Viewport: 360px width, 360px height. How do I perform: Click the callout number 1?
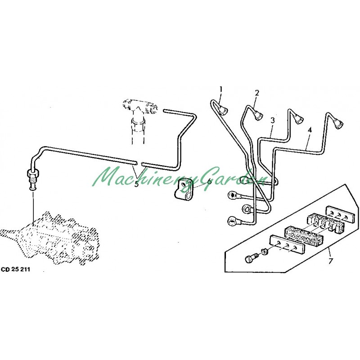[x=221, y=89]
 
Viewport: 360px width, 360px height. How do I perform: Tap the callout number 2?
[x=257, y=93]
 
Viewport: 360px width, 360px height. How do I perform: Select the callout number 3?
[x=273, y=120]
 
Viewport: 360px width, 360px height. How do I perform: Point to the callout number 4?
[x=310, y=130]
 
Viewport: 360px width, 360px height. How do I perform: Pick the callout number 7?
[x=330, y=261]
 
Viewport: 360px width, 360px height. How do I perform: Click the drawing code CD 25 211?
[x=16, y=270]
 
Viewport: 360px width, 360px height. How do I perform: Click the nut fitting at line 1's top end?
[x=223, y=110]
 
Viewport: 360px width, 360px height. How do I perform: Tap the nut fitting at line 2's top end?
[x=258, y=114]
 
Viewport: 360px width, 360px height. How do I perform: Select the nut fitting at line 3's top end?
[x=298, y=118]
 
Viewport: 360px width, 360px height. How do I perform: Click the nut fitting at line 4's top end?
[x=337, y=123]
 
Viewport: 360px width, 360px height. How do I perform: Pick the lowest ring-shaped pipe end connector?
[x=232, y=221]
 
